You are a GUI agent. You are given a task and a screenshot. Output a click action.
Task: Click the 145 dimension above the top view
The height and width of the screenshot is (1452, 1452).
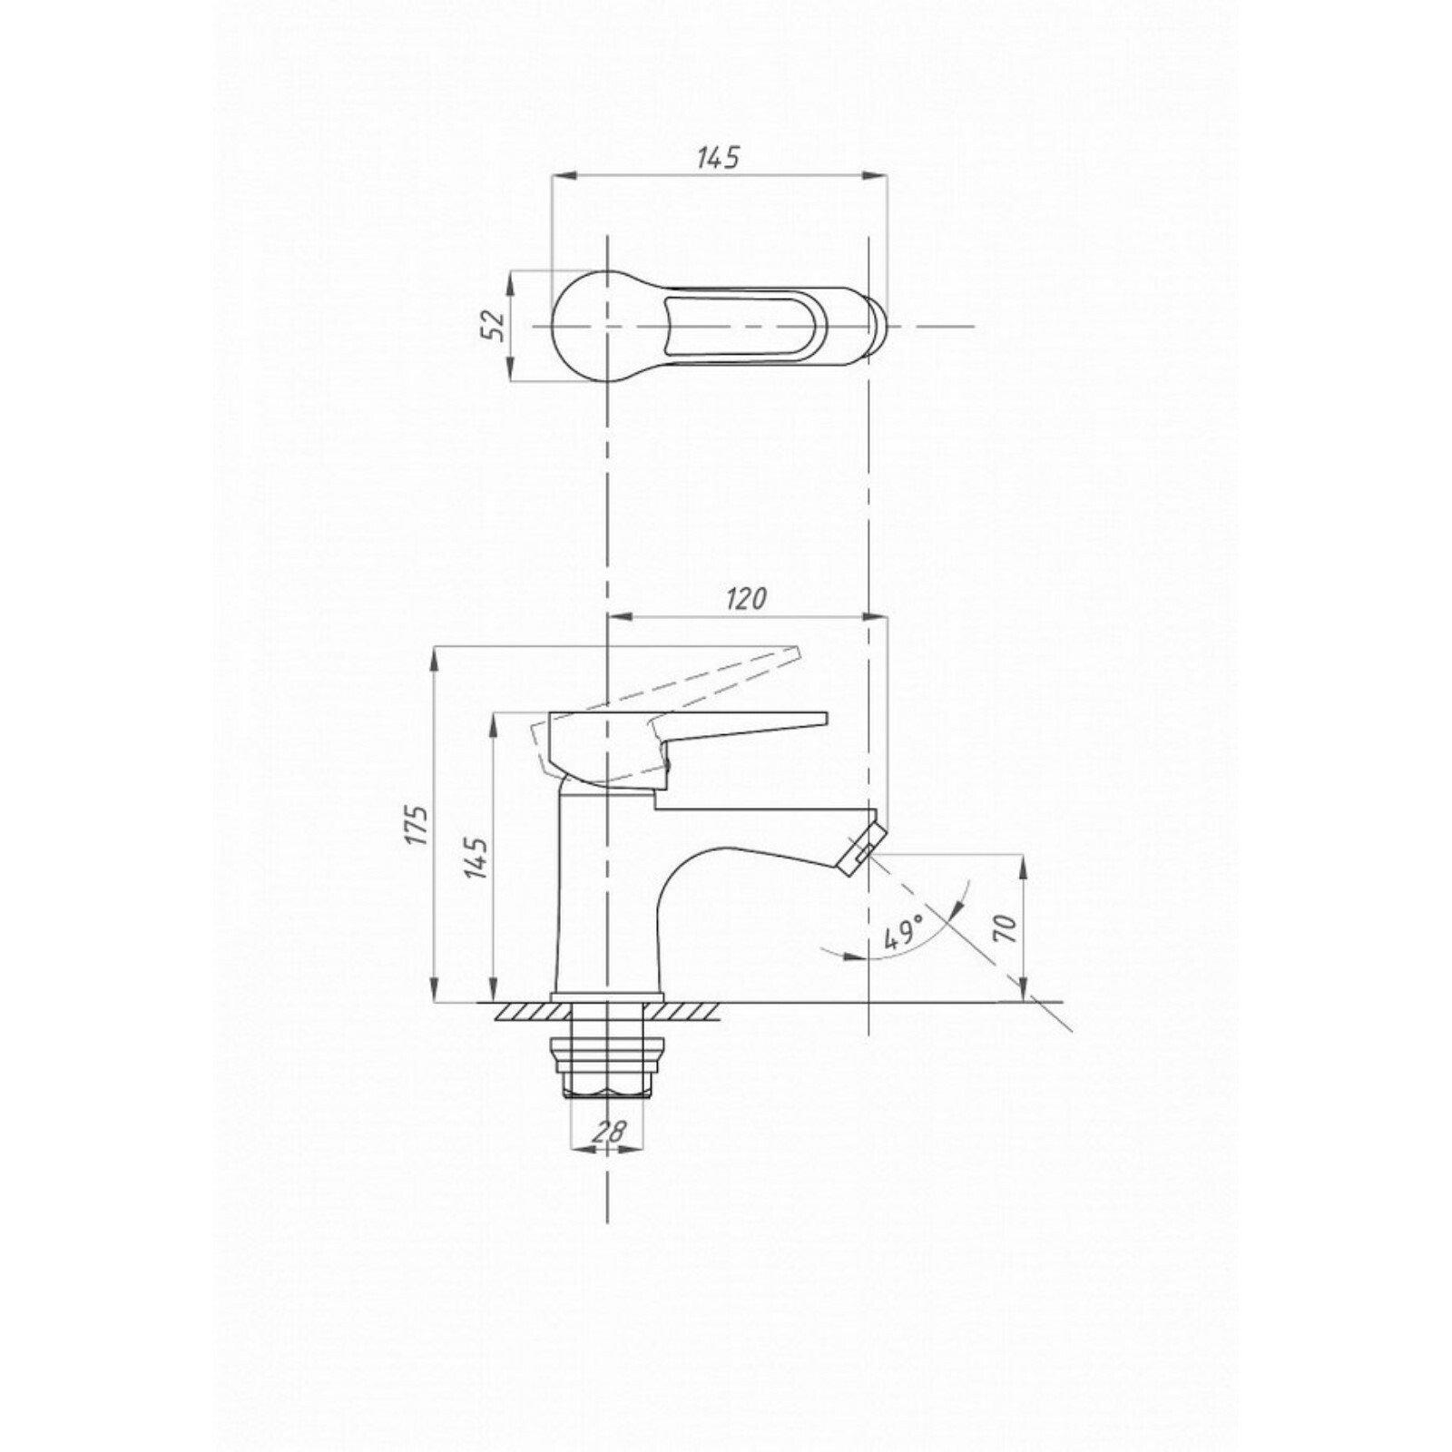coord(718,157)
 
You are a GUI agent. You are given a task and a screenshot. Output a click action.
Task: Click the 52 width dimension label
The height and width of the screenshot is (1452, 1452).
coord(491,324)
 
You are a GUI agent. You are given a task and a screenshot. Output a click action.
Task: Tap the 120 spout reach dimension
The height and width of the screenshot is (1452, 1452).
coord(745,599)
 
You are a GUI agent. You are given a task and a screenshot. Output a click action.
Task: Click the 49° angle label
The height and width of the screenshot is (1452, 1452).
coord(904,933)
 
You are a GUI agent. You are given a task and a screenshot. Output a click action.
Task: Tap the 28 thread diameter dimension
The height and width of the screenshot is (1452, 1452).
coord(612,1131)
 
